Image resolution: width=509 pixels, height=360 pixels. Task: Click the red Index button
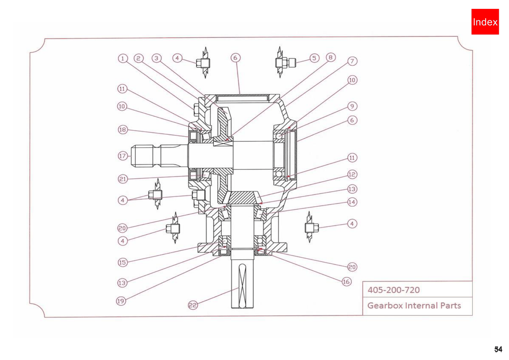[x=485, y=22]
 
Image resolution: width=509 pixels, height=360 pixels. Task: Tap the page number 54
[x=498, y=349]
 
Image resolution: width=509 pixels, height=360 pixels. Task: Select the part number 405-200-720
[x=394, y=290]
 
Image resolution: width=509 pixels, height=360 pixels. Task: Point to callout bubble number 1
[x=123, y=59]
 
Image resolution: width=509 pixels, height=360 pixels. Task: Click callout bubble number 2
[x=139, y=59]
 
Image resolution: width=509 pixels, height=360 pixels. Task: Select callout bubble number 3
[x=157, y=58]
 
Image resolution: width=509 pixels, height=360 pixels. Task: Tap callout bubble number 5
[x=314, y=58]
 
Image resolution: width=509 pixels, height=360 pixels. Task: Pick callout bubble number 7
[x=352, y=61]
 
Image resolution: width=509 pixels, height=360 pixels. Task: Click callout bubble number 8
[x=330, y=57]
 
